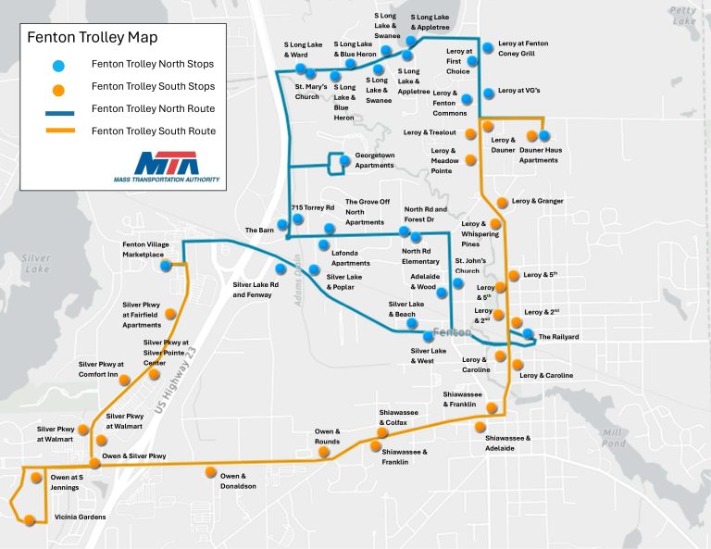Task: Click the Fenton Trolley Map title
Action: (x=92, y=38)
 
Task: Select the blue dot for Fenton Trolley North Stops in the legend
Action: (x=57, y=65)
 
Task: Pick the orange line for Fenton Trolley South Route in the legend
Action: (x=57, y=131)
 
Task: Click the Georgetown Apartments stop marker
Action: (x=344, y=160)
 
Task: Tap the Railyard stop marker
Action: (x=528, y=334)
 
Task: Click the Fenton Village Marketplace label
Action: (x=143, y=249)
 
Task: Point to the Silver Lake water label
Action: (x=36, y=263)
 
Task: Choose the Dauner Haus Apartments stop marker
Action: (x=544, y=136)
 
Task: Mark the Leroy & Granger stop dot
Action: (x=503, y=202)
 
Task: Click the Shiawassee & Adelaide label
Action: (x=507, y=442)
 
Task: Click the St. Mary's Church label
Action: (x=306, y=91)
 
